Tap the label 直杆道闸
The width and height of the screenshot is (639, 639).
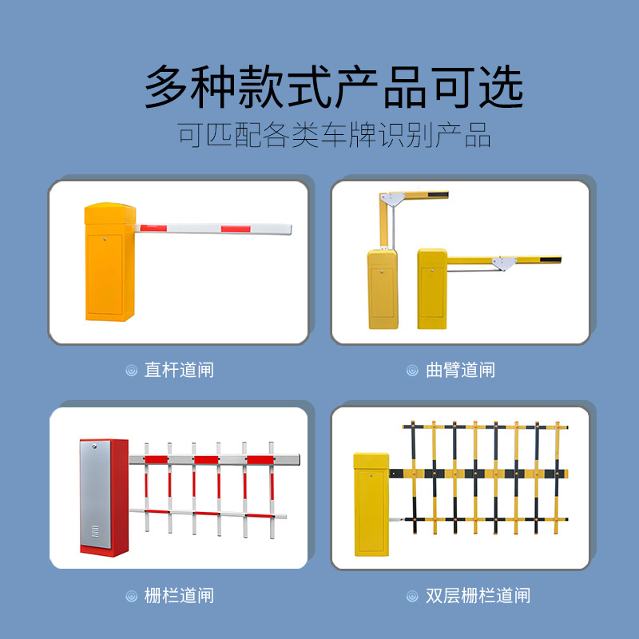(x=179, y=370)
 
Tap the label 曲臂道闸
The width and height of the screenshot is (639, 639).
(x=460, y=370)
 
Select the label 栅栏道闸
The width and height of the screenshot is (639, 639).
(x=179, y=596)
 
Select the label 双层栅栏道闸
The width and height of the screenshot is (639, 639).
(x=478, y=596)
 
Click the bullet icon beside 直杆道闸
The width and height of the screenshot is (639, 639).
(x=132, y=371)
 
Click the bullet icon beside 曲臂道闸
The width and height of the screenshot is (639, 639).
(x=412, y=371)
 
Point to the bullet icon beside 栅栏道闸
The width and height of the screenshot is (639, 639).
(x=132, y=596)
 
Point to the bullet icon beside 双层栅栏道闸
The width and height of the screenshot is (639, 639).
(x=412, y=596)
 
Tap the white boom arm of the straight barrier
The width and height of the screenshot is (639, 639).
(x=216, y=229)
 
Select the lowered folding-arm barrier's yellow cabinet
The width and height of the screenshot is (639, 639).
(x=432, y=292)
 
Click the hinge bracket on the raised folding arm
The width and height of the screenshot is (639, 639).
(x=394, y=197)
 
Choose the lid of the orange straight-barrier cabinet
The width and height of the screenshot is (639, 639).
(x=110, y=212)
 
